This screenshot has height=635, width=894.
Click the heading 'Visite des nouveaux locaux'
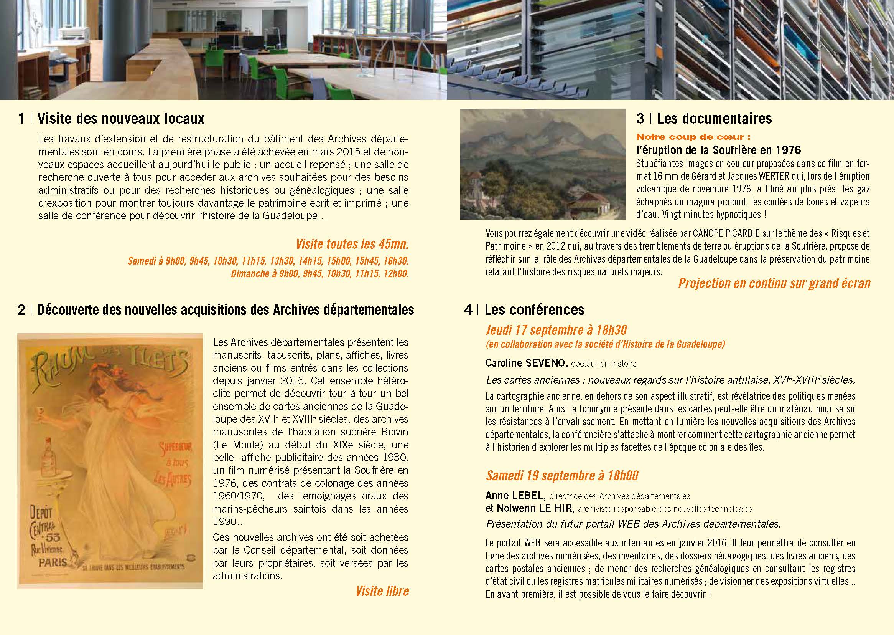click(x=121, y=119)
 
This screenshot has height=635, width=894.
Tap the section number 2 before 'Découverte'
click(x=21, y=310)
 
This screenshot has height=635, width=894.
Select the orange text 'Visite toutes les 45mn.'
click(x=352, y=245)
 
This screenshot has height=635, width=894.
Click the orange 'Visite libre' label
click(x=382, y=591)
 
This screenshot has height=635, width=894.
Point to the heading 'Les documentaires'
click(x=715, y=119)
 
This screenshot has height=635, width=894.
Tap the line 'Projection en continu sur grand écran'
click(x=774, y=283)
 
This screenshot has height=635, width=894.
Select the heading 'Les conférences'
click(x=534, y=310)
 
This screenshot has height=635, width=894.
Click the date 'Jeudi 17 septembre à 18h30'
click(x=556, y=331)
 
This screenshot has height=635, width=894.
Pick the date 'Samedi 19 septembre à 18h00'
click(x=562, y=475)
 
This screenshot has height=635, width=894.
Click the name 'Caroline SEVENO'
click(x=525, y=363)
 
